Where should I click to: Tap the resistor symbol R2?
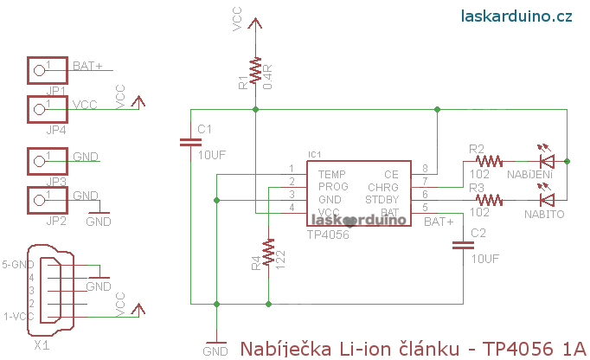(x=490, y=160)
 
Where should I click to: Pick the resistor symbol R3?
(x=490, y=199)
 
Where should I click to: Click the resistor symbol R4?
(x=269, y=253)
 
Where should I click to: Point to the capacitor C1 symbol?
(x=191, y=141)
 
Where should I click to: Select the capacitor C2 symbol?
(x=460, y=246)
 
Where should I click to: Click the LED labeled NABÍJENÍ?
(x=546, y=160)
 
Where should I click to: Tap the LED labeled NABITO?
(x=546, y=199)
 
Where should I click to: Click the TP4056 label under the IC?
(x=328, y=235)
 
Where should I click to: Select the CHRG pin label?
(x=383, y=186)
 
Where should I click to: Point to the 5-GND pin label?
(x=18, y=264)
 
